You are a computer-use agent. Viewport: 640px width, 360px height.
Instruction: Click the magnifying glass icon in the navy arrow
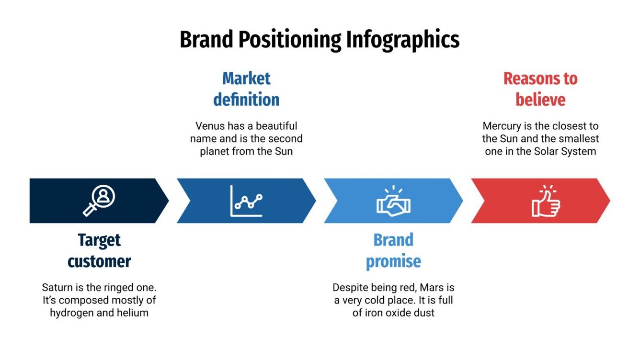(x=99, y=201)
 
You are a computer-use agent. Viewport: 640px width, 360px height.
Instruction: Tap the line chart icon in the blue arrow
(x=246, y=201)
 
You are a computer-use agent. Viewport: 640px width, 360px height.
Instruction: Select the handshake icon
(x=393, y=202)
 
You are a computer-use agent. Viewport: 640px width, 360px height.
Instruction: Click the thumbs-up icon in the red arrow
(x=546, y=201)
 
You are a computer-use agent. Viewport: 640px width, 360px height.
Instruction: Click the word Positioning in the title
(x=290, y=40)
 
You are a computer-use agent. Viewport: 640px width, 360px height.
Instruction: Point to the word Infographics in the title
(x=403, y=40)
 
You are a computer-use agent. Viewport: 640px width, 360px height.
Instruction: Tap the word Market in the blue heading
(x=246, y=79)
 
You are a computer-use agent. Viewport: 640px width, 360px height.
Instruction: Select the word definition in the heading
(x=246, y=100)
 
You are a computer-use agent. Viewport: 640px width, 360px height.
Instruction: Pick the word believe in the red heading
(x=540, y=100)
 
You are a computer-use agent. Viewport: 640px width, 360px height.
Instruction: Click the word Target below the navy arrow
(x=99, y=240)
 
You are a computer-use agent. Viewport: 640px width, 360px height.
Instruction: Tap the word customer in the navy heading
(x=99, y=261)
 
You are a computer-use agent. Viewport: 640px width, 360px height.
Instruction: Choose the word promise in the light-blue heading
(x=393, y=261)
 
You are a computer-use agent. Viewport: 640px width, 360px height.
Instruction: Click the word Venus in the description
(x=210, y=126)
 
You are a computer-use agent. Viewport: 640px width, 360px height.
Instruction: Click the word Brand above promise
(x=393, y=240)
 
